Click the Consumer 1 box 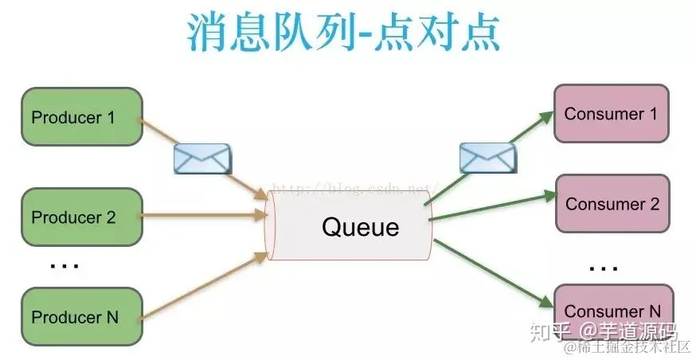click(611, 114)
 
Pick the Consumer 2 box click(612, 204)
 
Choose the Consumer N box click(612, 309)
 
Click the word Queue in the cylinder click(360, 227)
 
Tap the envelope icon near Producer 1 click(201, 158)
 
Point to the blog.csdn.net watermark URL click(350, 188)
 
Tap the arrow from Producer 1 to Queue click(239, 177)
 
